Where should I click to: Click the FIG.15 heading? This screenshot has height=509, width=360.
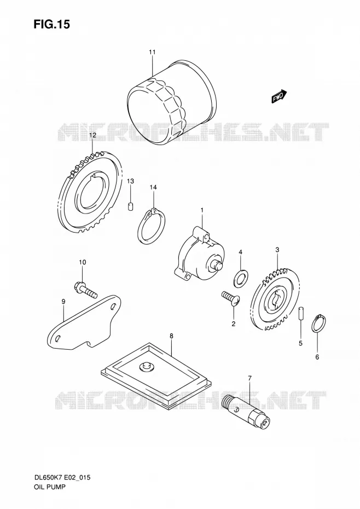51,24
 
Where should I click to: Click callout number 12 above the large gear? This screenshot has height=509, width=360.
93,135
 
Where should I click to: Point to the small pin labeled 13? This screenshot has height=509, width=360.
131,206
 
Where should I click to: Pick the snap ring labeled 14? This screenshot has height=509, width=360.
152,226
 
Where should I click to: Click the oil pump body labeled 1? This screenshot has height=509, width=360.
199,256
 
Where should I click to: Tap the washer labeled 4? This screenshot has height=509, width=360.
241,278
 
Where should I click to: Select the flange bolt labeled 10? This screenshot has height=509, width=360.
86,290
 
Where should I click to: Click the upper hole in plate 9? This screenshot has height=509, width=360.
113,306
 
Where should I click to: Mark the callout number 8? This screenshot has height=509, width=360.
171,336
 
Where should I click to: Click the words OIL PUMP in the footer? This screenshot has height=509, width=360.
50,487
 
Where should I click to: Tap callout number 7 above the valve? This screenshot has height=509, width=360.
249,378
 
